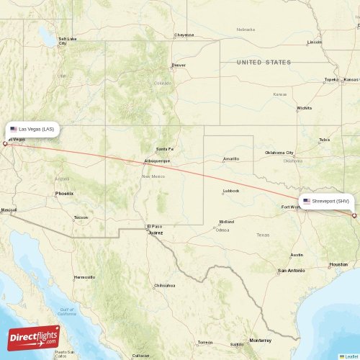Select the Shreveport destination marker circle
click(354, 215)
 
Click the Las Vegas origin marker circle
click(5, 143)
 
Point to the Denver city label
click(179, 66)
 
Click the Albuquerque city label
click(157, 161)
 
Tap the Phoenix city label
click(64, 194)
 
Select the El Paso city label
click(156, 226)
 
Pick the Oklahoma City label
click(279, 153)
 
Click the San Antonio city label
click(292, 270)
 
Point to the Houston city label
click(338, 264)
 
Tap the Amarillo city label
click(231, 158)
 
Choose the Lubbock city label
click(231, 191)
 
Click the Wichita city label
click(304, 109)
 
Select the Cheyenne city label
click(184, 35)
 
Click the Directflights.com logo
click(34, 336)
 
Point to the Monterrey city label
click(260, 340)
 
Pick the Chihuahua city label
click(164, 286)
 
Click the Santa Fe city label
click(166, 149)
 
